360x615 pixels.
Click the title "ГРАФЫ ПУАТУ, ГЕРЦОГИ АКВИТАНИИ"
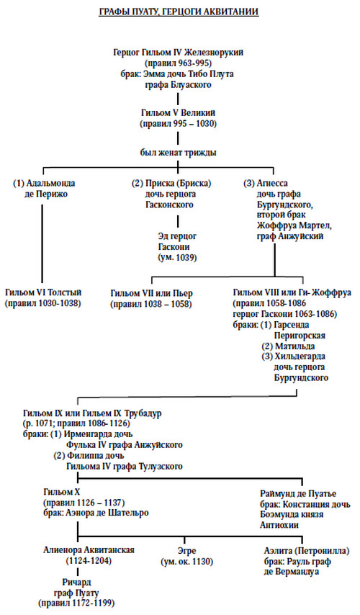(179, 12)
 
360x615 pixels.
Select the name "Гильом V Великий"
(179, 113)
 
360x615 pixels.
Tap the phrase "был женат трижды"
(179, 153)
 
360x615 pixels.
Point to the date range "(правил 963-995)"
(179, 63)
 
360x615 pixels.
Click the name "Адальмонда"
(50, 183)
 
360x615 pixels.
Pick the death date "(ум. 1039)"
(177, 258)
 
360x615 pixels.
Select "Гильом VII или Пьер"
(152, 293)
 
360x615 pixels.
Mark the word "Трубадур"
(143, 413)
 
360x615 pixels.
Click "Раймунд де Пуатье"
(298, 494)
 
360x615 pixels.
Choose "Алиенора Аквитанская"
(89, 550)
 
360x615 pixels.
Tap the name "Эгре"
(186, 551)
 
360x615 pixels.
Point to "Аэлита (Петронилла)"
(306, 551)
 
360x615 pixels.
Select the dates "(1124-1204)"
(89, 560)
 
